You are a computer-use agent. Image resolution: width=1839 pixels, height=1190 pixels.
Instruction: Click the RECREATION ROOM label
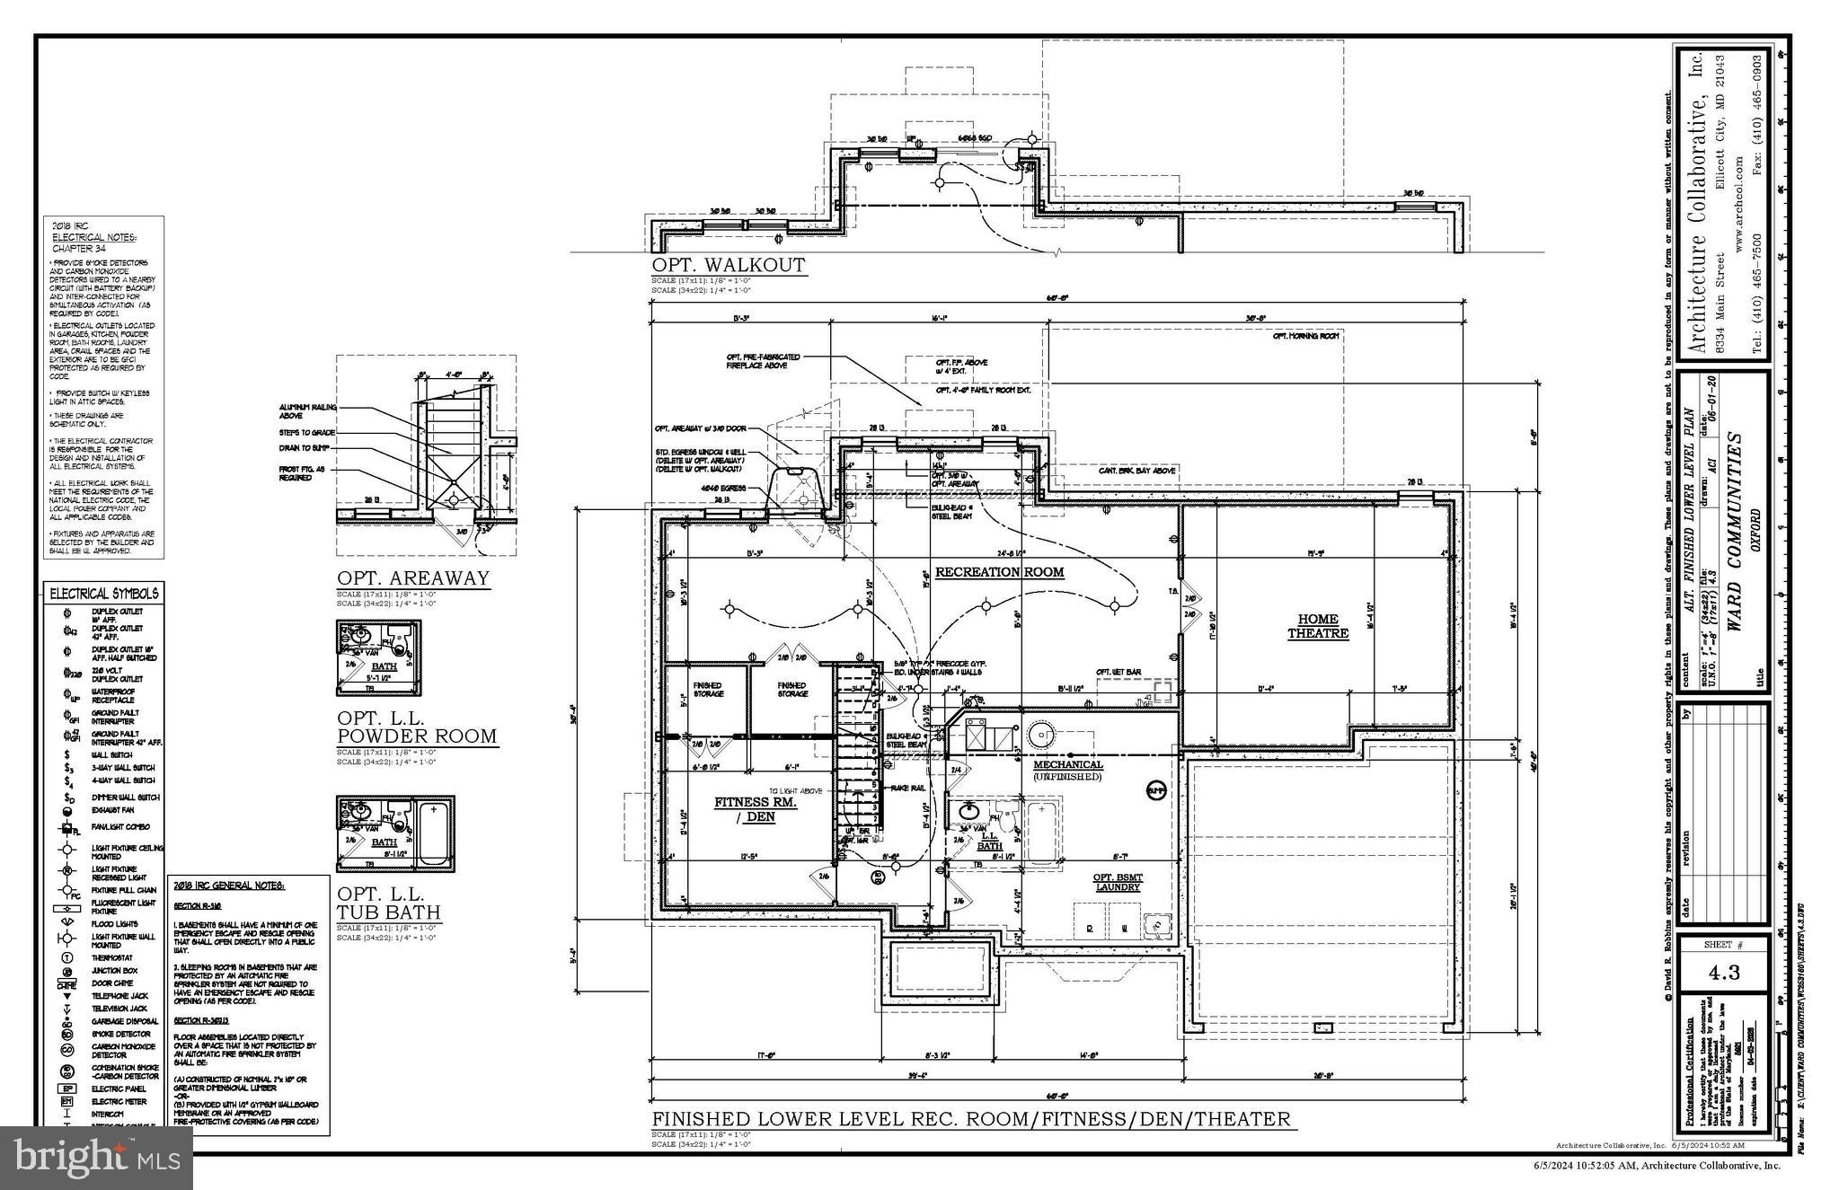[999, 572]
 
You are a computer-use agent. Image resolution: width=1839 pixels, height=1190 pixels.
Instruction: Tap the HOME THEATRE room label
[1318, 626]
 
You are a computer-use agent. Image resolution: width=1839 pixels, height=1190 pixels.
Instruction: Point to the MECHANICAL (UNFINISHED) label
[1067, 771]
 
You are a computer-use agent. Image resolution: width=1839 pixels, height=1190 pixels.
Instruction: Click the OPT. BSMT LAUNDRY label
[1117, 882]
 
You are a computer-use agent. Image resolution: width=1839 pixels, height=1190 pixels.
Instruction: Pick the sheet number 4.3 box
[1722, 972]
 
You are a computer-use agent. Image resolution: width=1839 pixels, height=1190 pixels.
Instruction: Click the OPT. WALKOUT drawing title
[729, 266]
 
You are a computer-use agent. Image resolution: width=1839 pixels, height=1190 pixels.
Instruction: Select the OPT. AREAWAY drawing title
[413, 578]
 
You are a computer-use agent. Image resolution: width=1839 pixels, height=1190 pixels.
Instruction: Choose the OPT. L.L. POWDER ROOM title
[416, 727]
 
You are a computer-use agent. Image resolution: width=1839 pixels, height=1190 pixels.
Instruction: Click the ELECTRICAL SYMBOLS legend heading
[104, 594]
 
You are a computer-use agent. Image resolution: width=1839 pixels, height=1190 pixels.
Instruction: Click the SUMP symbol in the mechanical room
[1155, 790]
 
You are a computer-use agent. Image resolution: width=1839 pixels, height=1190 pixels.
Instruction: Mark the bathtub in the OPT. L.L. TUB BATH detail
[436, 832]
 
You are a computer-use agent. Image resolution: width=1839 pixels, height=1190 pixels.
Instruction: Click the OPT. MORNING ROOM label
[1305, 336]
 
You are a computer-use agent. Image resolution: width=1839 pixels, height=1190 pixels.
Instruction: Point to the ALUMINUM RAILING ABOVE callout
[308, 411]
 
